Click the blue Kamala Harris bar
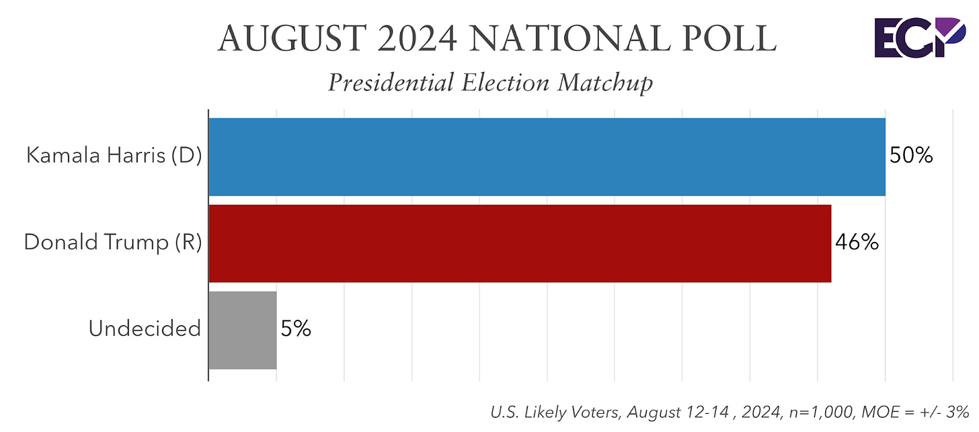pyautogui.click(x=547, y=157)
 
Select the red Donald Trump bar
pyautogui.click(x=520, y=243)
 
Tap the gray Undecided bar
pyautogui.click(x=242, y=330)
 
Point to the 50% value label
pyautogui.click(x=911, y=156)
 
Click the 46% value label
pyautogui.click(x=857, y=243)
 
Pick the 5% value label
pyautogui.click(x=295, y=329)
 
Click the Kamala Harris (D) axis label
pyautogui.click(x=114, y=156)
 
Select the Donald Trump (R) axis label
pyautogui.click(x=112, y=243)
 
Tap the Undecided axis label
pyautogui.click(x=145, y=329)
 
